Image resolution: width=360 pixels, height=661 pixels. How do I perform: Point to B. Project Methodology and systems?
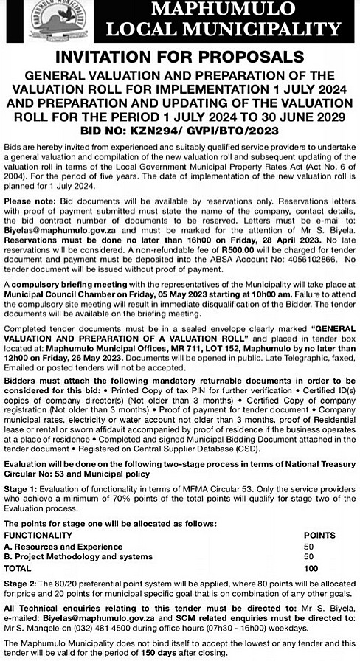pyautogui.click(x=78, y=556)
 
